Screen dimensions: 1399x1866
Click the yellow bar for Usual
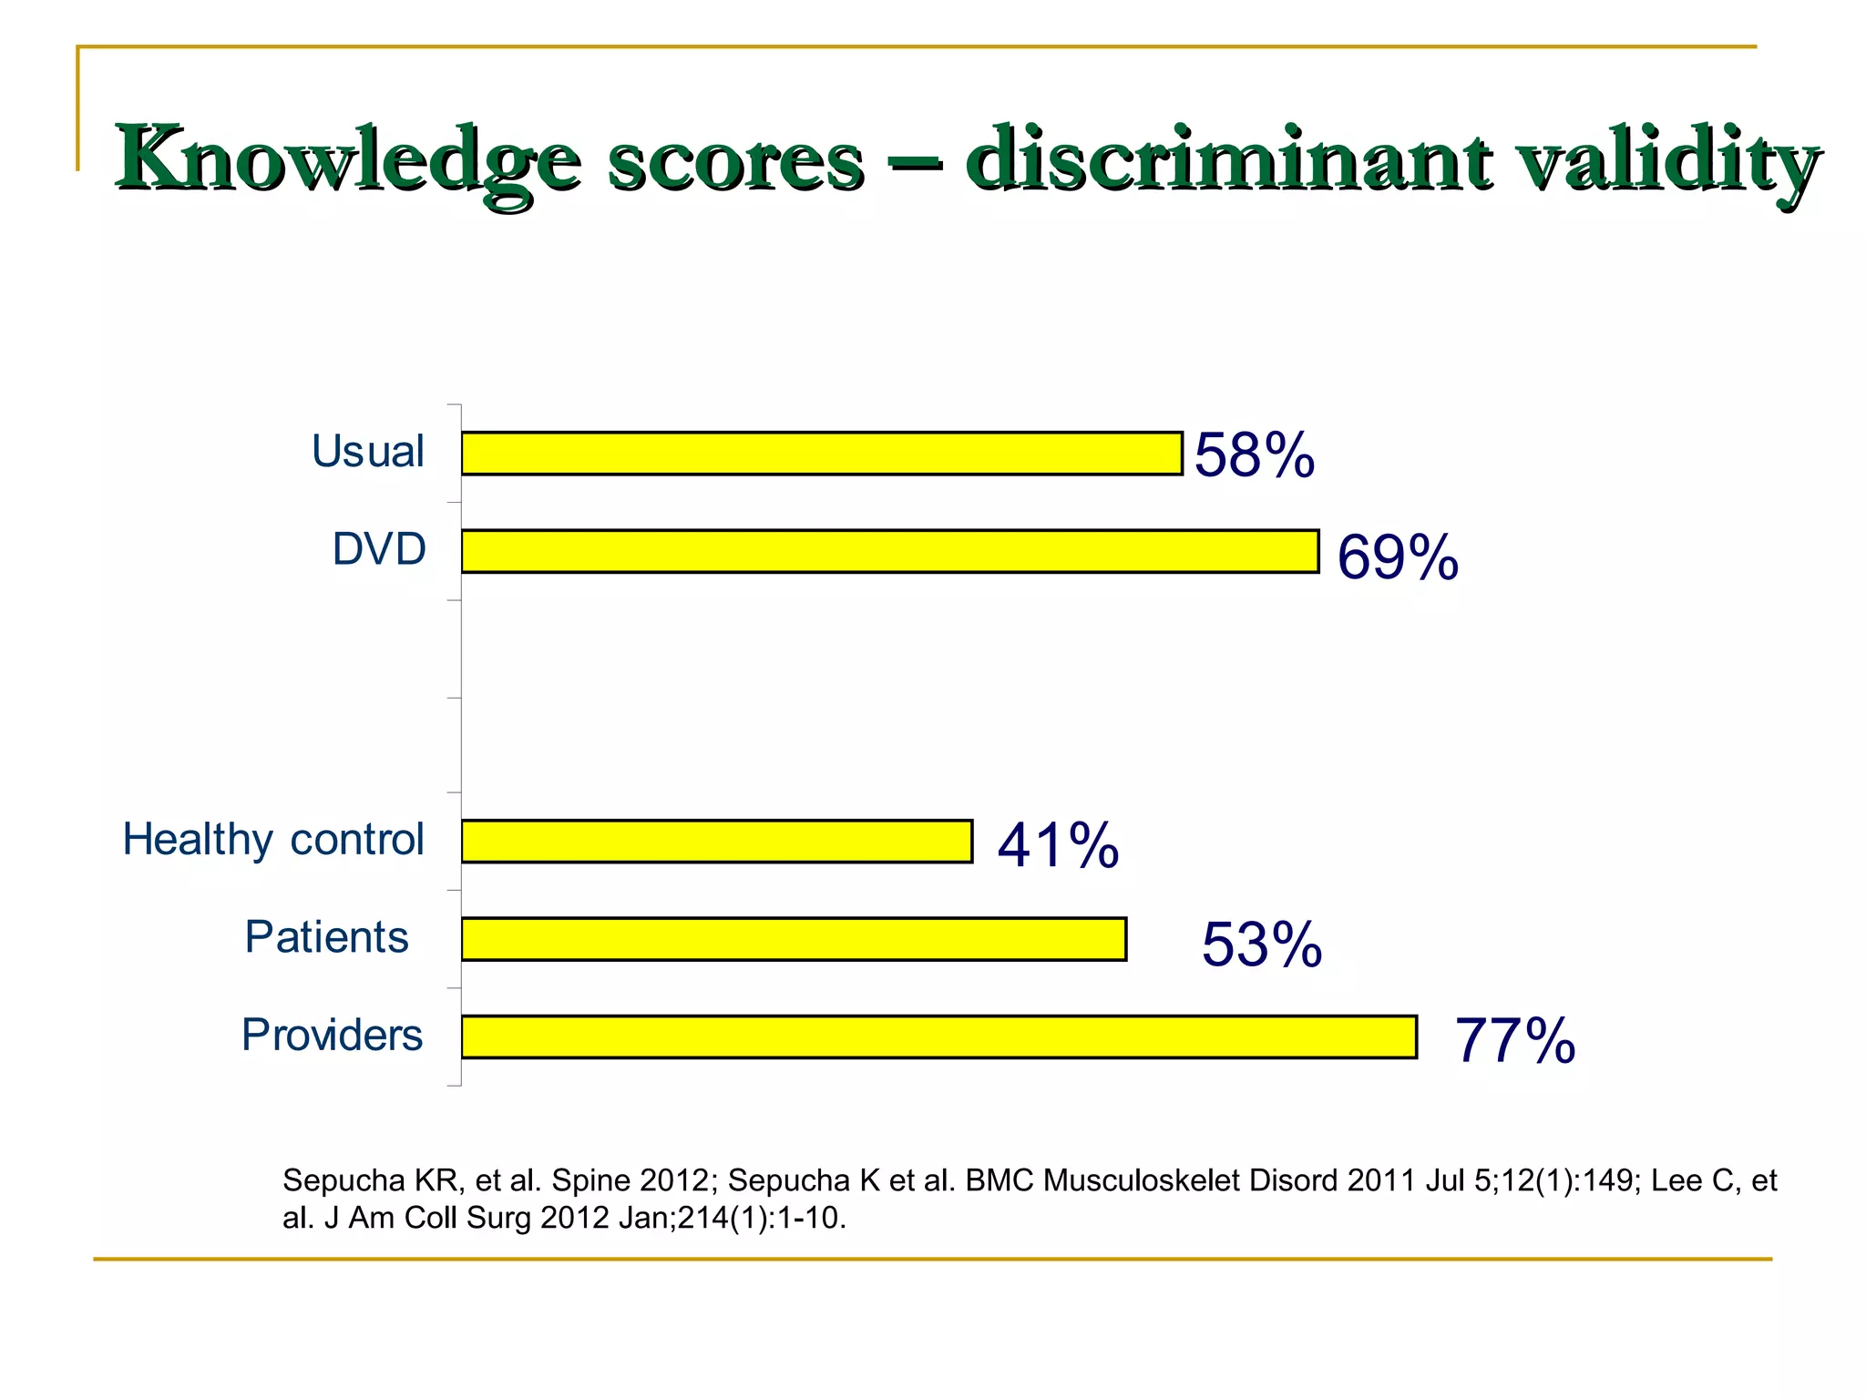click(822, 454)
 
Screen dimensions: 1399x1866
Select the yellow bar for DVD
click(890, 551)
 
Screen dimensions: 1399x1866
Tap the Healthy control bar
click(717, 841)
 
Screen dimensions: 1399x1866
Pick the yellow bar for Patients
click(794, 939)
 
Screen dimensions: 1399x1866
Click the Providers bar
click(939, 1036)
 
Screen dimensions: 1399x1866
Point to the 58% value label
click(1254, 454)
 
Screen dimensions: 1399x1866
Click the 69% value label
click(1398, 557)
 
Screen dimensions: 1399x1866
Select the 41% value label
click(1058, 844)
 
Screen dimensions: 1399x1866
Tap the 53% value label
click(1262, 944)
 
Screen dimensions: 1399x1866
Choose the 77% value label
click(1515, 1040)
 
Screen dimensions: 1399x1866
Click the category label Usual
click(368, 451)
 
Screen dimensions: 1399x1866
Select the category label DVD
click(379, 549)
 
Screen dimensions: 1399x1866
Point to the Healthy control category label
click(273, 839)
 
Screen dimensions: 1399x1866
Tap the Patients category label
click(327, 937)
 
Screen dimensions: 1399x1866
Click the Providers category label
click(333, 1035)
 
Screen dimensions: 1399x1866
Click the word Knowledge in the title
click(346, 160)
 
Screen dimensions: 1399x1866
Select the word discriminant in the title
click(1229, 160)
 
